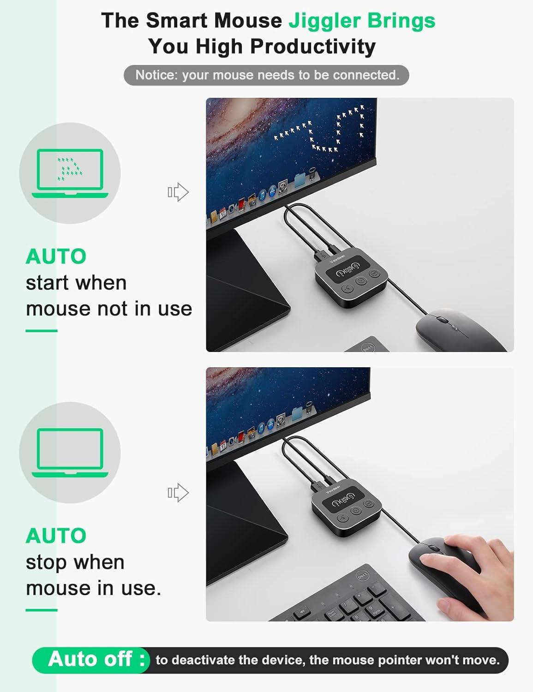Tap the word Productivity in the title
313,47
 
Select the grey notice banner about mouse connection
266,75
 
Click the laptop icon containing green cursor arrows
70,173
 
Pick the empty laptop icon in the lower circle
70,453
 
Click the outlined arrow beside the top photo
178,192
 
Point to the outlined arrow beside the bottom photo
178,493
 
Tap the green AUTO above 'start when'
56,257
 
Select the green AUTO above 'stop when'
56,536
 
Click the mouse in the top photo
459,329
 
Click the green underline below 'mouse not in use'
42,331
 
